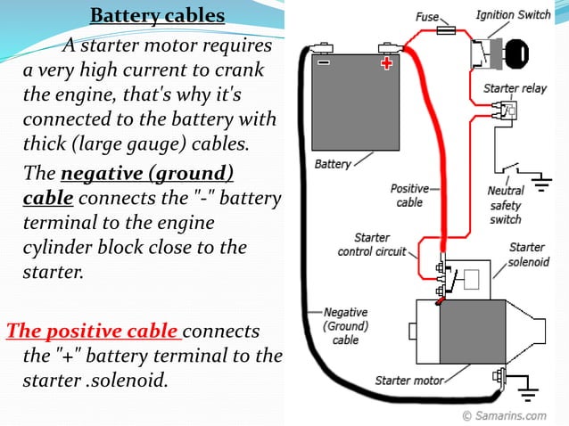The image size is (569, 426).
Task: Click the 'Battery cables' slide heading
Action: [157, 17]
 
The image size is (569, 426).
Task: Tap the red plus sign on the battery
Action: [386, 63]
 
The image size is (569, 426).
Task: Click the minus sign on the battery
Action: [323, 63]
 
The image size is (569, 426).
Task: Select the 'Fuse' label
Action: [427, 17]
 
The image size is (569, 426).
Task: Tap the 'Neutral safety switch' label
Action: [505, 205]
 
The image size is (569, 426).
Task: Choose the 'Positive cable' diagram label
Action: [409, 195]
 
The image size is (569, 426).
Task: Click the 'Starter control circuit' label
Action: [372, 244]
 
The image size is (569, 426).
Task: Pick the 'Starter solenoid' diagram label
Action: [527, 254]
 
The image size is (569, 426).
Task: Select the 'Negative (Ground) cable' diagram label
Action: [345, 325]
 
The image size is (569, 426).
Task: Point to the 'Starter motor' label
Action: [408, 381]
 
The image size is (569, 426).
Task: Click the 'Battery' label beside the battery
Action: [333, 164]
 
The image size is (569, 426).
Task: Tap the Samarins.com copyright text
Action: [504, 415]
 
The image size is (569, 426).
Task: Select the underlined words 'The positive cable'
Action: [93, 331]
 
